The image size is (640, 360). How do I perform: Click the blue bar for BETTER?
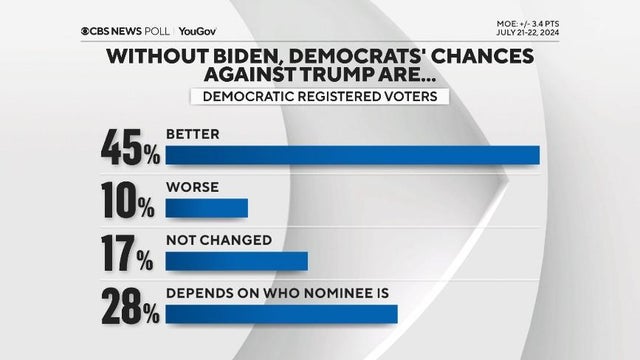point(352,154)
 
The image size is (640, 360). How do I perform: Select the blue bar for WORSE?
point(206,208)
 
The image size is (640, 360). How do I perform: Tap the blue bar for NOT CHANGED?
point(236,261)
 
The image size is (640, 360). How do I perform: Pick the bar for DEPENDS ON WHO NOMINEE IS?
point(281,314)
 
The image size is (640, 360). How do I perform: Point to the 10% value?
point(127,202)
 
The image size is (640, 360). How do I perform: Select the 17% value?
point(127,255)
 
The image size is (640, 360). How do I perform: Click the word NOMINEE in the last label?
point(324,294)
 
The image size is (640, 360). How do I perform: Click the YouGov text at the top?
point(197,31)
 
